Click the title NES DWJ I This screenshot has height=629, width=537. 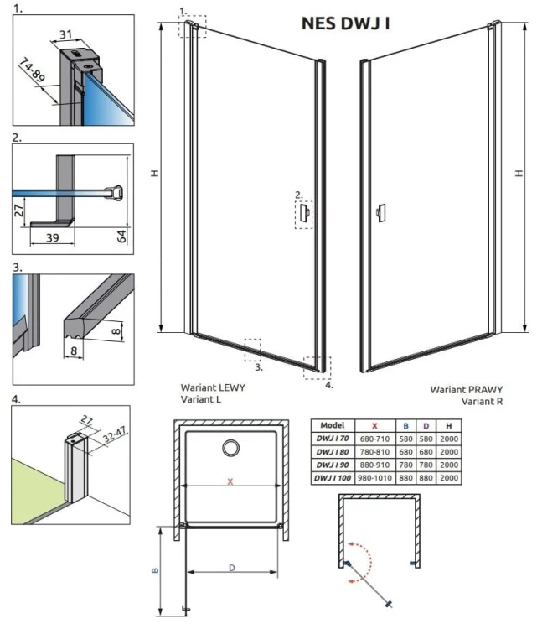pyautogui.click(x=345, y=23)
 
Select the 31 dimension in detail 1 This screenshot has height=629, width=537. pyautogui.click(x=65, y=34)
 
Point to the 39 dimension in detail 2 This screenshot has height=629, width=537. pyautogui.click(x=53, y=238)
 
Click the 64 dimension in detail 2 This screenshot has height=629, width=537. pyautogui.click(x=121, y=236)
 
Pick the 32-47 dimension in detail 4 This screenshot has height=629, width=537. pyautogui.click(x=115, y=434)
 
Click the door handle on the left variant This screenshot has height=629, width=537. pyautogui.click(x=305, y=212)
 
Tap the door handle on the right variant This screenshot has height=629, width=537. pyautogui.click(x=380, y=213)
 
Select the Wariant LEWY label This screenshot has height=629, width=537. pyautogui.click(x=213, y=387)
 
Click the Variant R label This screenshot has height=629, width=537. pyautogui.click(x=482, y=401)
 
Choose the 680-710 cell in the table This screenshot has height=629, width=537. pyautogui.click(x=374, y=439)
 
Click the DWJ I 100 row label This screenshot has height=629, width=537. pyautogui.click(x=333, y=478)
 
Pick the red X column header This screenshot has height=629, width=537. pyautogui.click(x=374, y=425)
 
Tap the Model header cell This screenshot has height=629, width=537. pyautogui.click(x=333, y=425)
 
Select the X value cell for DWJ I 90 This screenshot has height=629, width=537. pyautogui.click(x=374, y=465)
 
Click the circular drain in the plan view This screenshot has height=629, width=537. pyautogui.click(x=231, y=448)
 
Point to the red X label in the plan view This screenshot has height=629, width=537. pyautogui.click(x=230, y=481)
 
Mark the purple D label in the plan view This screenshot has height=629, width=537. pyautogui.click(x=232, y=568)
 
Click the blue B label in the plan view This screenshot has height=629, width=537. pyautogui.click(x=155, y=570)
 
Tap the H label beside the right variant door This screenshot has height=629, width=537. pyautogui.click(x=519, y=174)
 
